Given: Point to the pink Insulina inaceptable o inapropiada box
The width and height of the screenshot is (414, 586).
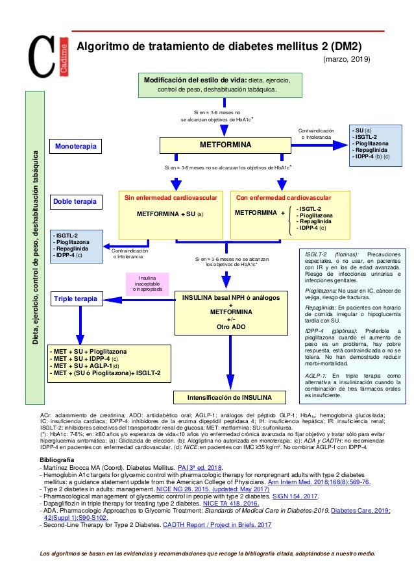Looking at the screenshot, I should tap(147, 284).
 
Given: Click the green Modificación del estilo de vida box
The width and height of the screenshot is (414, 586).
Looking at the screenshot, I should tap(224, 84).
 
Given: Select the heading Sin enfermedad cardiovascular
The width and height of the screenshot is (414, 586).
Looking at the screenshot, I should tap(169, 197).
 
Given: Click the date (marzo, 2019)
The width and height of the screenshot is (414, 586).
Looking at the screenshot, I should tap(347, 60).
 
